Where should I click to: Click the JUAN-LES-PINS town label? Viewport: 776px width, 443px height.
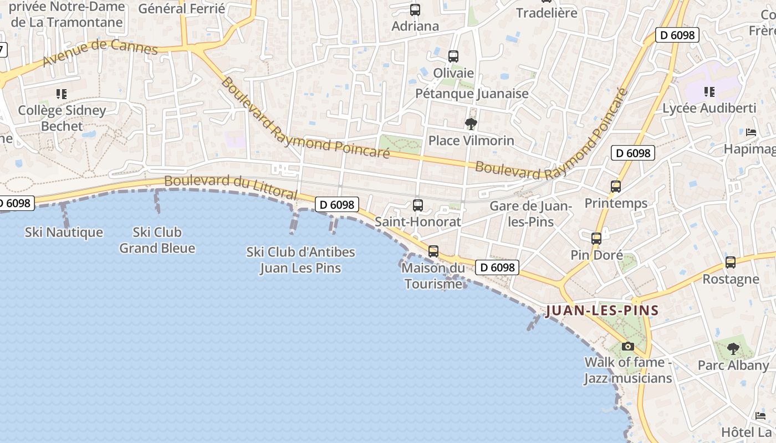602,311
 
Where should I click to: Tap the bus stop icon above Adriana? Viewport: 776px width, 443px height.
415,9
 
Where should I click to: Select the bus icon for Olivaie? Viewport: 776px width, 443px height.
453,56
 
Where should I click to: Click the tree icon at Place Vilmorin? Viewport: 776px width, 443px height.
471,123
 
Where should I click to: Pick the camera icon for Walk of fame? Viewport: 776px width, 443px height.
627,346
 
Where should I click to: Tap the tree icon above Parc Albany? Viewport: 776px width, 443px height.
733,349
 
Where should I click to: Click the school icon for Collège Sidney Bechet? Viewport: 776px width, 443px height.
62,94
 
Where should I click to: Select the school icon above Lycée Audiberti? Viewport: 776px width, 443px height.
709,91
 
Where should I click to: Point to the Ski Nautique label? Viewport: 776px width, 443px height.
64,232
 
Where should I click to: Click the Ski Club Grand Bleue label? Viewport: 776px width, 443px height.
157,240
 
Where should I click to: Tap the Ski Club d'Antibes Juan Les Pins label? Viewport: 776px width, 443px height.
300,260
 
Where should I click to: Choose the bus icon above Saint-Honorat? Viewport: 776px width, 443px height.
418,205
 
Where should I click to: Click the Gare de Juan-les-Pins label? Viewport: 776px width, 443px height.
530,214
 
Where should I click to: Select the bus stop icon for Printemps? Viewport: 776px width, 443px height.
615,187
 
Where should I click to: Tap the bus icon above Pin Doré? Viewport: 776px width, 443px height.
596,239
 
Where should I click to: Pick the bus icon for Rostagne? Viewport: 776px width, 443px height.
731,262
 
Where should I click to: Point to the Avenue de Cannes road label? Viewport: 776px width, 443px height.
100,52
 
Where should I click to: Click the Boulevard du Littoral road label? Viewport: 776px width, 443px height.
231,187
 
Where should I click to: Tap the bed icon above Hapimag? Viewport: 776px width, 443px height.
751,132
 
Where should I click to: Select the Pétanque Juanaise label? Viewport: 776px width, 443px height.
472,94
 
